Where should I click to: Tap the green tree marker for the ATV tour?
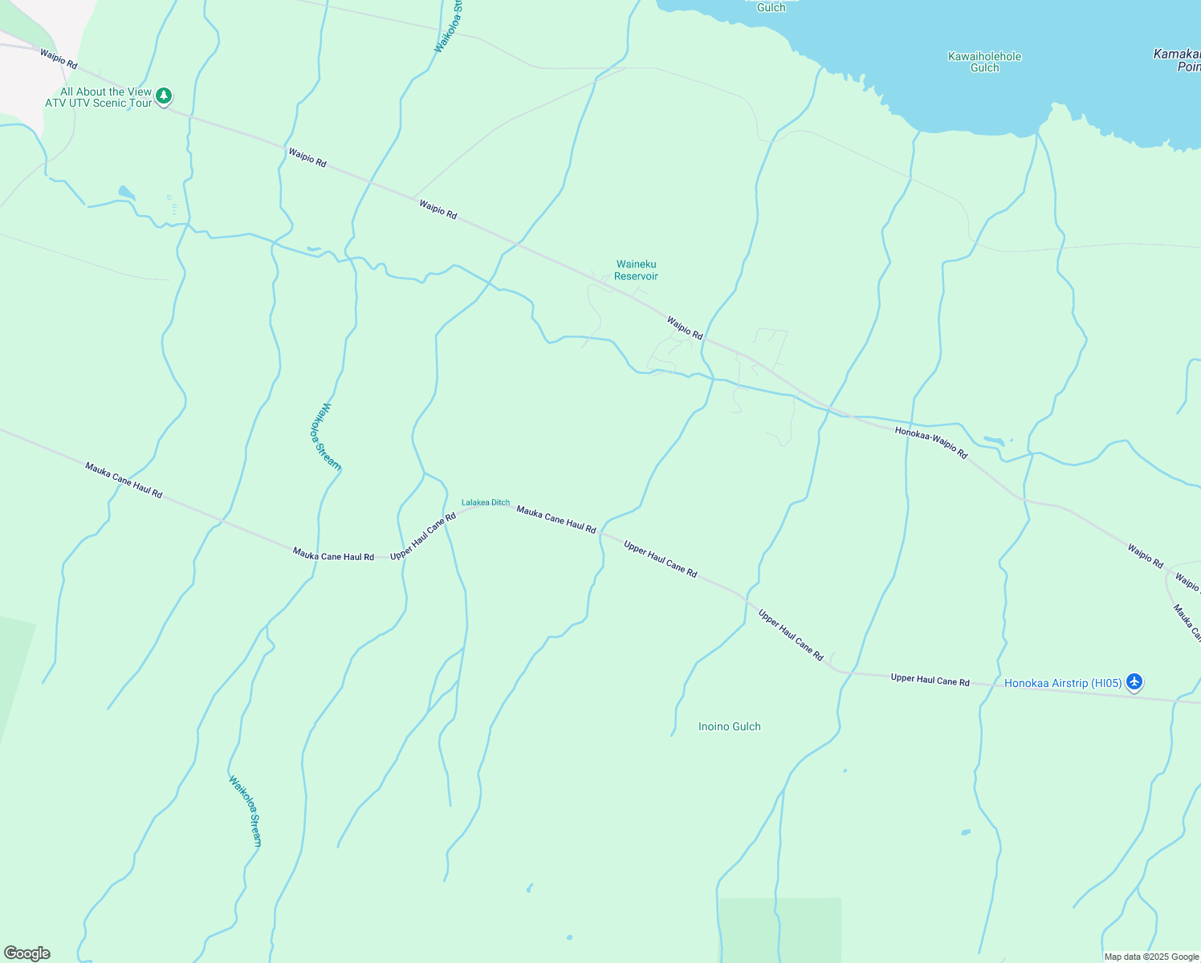(164, 96)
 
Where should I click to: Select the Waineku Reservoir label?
(636, 270)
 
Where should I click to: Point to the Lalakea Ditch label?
(485, 502)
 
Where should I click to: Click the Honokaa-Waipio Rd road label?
(931, 442)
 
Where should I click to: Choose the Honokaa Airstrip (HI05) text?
(1063, 683)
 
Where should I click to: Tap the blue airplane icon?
(1134, 682)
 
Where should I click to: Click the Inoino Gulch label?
(729, 726)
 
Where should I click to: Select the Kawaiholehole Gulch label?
(984, 62)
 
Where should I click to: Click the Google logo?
(27, 953)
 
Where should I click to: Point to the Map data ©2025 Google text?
(1151, 957)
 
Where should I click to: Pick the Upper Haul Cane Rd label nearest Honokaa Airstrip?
(930, 680)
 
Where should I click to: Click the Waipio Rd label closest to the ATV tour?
(59, 58)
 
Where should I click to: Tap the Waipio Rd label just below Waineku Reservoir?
(684, 327)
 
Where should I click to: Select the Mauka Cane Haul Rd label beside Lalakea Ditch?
(556, 519)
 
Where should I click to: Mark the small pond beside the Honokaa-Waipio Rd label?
(993, 441)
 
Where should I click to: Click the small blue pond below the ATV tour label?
(126, 193)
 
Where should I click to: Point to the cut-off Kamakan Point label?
(1177, 60)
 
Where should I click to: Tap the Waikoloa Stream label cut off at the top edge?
(450, 28)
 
